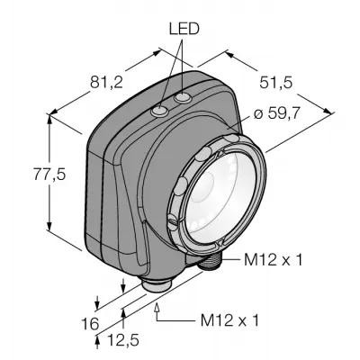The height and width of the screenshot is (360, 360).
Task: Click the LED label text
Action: pyautogui.click(x=184, y=29)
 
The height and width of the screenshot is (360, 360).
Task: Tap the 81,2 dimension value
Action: pyautogui.click(x=107, y=83)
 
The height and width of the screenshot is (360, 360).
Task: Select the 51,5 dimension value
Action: pyautogui.click(x=275, y=83)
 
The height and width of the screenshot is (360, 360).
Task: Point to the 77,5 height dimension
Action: pyautogui.click(x=49, y=175)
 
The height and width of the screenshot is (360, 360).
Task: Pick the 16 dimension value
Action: pyautogui.click(x=90, y=323)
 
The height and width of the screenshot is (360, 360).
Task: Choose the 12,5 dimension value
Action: pyautogui.click(x=123, y=340)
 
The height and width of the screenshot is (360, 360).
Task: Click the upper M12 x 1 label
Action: pyautogui.click(x=273, y=260)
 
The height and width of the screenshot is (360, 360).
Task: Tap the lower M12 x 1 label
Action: pyautogui.click(x=229, y=320)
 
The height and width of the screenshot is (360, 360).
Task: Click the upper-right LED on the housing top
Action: pyautogui.click(x=184, y=97)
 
